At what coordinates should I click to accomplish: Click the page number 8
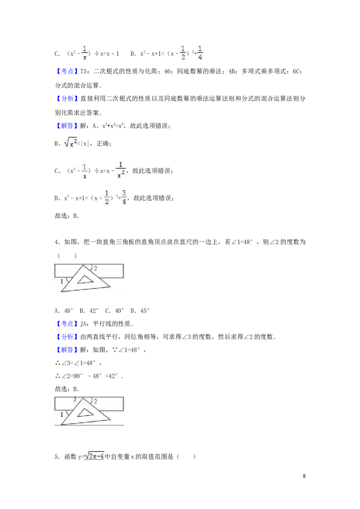(304, 476)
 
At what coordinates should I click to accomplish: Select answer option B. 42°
(89, 311)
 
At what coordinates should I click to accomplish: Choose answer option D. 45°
(140, 311)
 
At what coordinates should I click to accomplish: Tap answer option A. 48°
(64, 311)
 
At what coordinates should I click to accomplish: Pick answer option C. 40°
(114, 311)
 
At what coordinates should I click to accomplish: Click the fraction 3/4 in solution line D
(124, 197)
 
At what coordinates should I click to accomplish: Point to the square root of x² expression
(71, 143)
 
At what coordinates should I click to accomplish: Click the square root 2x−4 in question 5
(94, 456)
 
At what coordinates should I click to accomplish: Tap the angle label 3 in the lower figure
(75, 399)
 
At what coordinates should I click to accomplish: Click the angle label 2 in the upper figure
(95, 268)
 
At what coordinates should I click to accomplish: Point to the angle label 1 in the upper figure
(62, 281)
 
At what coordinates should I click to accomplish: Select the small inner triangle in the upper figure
(85, 279)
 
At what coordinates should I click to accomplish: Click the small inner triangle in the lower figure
(85, 412)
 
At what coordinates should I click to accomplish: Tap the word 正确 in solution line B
(102, 143)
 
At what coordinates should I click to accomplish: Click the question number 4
(56, 242)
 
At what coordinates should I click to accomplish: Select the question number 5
(56, 456)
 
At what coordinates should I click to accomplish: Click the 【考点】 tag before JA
(67, 324)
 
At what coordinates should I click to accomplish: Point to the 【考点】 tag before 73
(67, 71)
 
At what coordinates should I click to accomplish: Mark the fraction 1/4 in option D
(200, 53)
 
